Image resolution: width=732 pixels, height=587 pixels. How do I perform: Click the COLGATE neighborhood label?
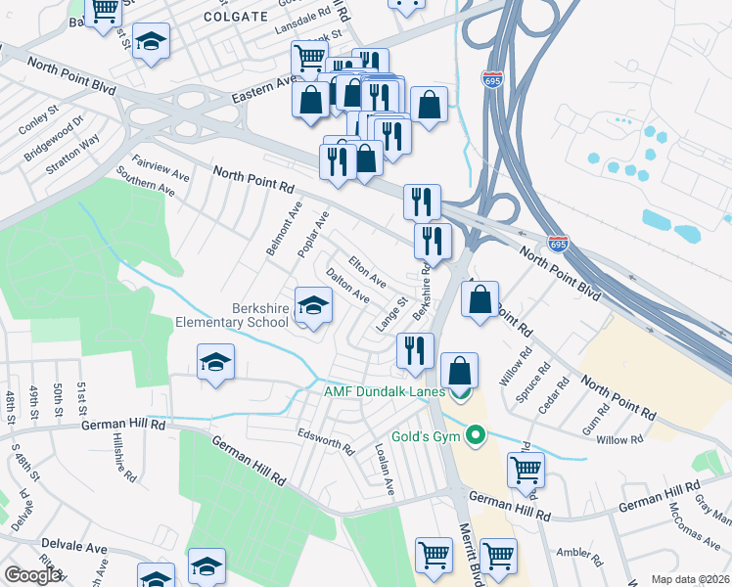(x=236, y=17)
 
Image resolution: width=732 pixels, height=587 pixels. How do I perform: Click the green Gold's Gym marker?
(x=477, y=434)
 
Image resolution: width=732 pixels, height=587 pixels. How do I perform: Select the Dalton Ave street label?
(x=347, y=285)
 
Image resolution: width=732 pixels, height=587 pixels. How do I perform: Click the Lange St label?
(x=391, y=314)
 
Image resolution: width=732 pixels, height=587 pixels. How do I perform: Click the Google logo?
(x=31, y=575)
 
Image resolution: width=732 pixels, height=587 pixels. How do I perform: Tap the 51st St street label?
(x=82, y=400)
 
